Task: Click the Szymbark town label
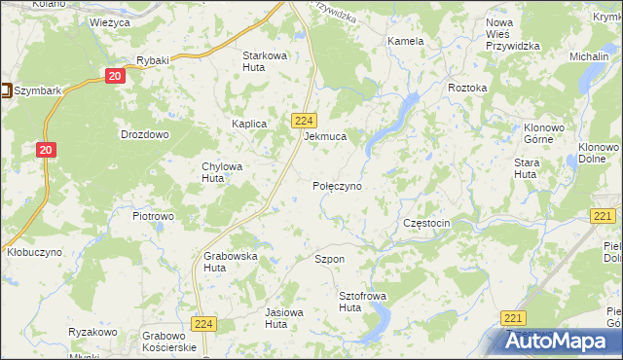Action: (39, 91)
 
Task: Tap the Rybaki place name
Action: (153, 60)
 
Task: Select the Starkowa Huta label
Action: (265, 61)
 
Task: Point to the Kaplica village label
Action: (249, 124)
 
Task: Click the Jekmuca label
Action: (325, 137)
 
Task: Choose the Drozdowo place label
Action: (144, 134)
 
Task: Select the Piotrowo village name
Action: (153, 215)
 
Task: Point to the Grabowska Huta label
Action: (230, 262)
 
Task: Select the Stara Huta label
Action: (527, 168)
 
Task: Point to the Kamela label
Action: (405, 42)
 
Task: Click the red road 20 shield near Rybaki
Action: (116, 76)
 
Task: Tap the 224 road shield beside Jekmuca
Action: (302, 120)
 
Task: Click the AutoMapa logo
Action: (561, 342)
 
